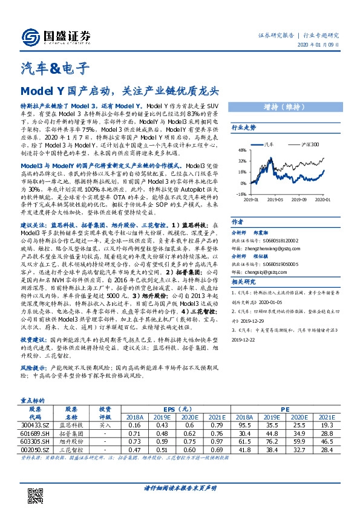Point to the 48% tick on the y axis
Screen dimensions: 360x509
click(x=241, y=150)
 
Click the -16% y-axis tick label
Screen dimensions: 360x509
click(x=241, y=194)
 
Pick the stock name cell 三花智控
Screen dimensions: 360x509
click(x=72, y=450)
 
